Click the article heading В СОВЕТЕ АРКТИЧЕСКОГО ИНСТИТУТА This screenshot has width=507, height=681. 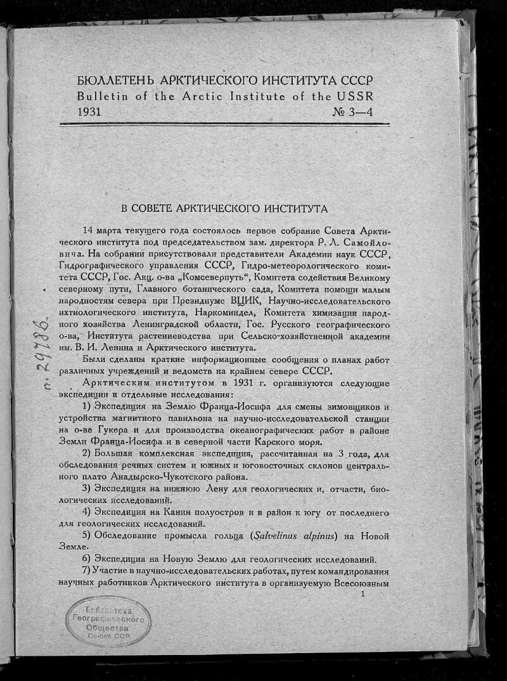[x=224, y=207]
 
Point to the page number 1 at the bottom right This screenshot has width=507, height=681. [x=363, y=593]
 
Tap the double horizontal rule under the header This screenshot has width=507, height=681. [x=224, y=124]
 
